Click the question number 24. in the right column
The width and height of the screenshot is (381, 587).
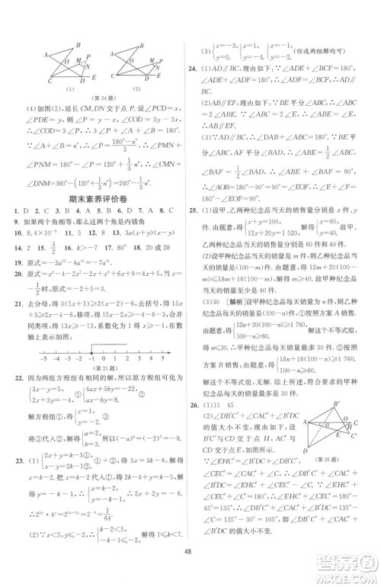(197, 67)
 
